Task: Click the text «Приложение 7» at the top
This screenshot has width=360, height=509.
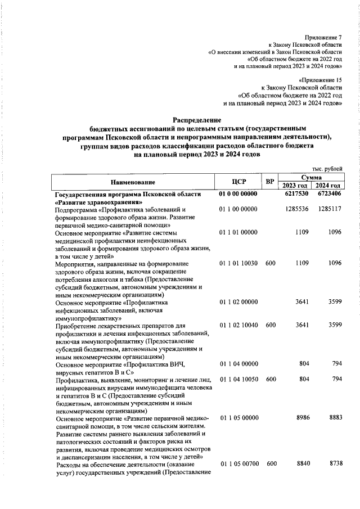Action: click(323, 36)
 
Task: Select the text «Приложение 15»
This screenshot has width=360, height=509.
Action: click(321, 80)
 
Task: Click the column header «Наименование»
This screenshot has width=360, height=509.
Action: click(133, 182)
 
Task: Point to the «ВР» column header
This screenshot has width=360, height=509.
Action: click(271, 182)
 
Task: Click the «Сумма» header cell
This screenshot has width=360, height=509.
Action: click(311, 177)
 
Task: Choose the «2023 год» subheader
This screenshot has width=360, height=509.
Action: click(295, 186)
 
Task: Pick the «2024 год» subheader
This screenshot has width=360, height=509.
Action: click(327, 186)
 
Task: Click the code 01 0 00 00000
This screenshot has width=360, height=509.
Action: click(238, 194)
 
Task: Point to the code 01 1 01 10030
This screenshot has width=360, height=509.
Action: click(238, 263)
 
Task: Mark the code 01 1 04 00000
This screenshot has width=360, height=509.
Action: click(238, 363)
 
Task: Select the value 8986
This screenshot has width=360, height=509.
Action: click(303, 418)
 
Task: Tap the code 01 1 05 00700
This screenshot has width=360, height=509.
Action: click(238, 464)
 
